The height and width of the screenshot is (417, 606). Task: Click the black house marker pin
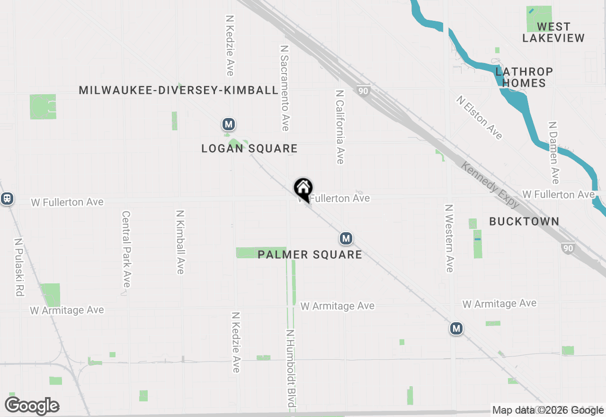coord(303,189)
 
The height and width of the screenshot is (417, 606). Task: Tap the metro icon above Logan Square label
coord(229,125)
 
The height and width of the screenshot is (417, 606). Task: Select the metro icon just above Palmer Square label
coord(346,238)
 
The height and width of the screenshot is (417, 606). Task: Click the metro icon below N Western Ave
coord(456,328)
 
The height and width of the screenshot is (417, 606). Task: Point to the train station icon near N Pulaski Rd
coord(7,198)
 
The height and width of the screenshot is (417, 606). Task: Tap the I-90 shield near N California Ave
coord(363,90)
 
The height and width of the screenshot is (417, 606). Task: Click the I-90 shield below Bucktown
coord(568,248)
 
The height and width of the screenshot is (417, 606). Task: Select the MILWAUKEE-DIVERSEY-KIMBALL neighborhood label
coord(178,90)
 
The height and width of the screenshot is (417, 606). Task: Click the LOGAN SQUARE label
coord(250,149)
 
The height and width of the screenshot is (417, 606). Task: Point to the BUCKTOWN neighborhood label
coord(524,221)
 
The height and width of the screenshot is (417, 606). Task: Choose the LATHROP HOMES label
coord(524,77)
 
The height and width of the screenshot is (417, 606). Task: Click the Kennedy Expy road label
coord(490,185)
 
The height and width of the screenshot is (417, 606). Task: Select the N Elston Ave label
coord(479,118)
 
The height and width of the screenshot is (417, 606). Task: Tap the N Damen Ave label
coord(553,152)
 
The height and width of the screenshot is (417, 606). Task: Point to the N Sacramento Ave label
coord(285,88)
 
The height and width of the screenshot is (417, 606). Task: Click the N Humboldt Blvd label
coord(291,368)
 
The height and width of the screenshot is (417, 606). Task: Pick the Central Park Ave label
coord(126,249)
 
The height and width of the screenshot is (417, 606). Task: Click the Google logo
coord(32,406)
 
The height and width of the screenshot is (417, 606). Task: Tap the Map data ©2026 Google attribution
coord(548,410)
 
